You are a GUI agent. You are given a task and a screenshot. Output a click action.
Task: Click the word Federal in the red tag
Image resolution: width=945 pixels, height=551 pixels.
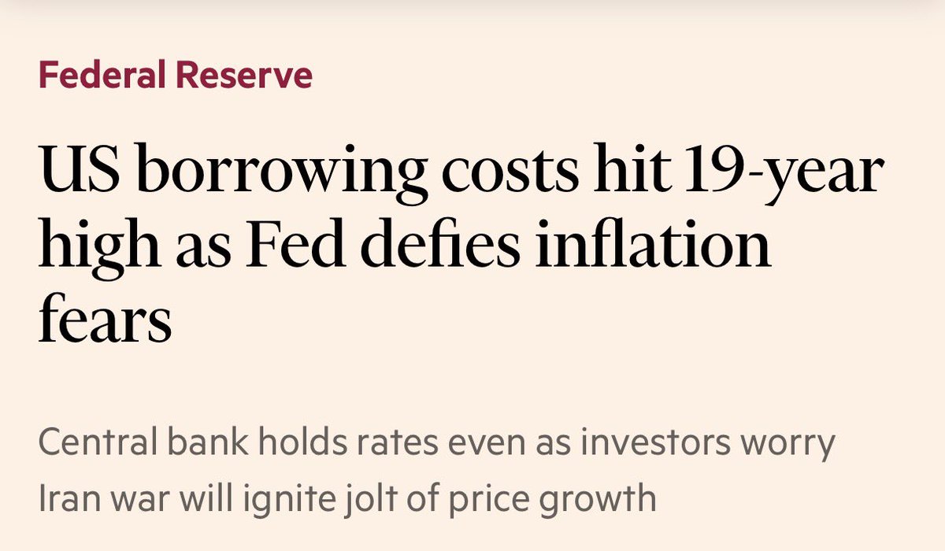click(x=102, y=75)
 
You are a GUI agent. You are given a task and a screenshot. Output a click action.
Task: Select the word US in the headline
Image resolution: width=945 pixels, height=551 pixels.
click(x=79, y=168)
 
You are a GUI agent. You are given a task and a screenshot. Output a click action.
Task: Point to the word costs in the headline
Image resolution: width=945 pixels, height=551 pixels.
click(x=510, y=170)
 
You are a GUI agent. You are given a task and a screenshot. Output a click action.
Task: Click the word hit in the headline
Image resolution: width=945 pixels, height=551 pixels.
click(x=632, y=167)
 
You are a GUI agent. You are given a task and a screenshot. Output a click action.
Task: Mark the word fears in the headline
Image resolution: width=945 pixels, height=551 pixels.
click(x=105, y=317)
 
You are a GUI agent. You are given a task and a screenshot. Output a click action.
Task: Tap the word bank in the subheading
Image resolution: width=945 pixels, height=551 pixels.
click(x=208, y=441)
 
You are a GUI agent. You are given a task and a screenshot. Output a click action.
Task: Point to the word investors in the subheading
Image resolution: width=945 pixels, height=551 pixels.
click(x=655, y=442)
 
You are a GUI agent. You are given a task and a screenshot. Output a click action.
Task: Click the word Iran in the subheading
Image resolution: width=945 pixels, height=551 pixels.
click(x=69, y=497)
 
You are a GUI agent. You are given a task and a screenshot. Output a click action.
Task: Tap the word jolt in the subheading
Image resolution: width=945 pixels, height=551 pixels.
click(x=371, y=500)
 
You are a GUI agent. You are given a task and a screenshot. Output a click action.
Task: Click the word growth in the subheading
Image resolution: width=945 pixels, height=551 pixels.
click(x=598, y=501)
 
